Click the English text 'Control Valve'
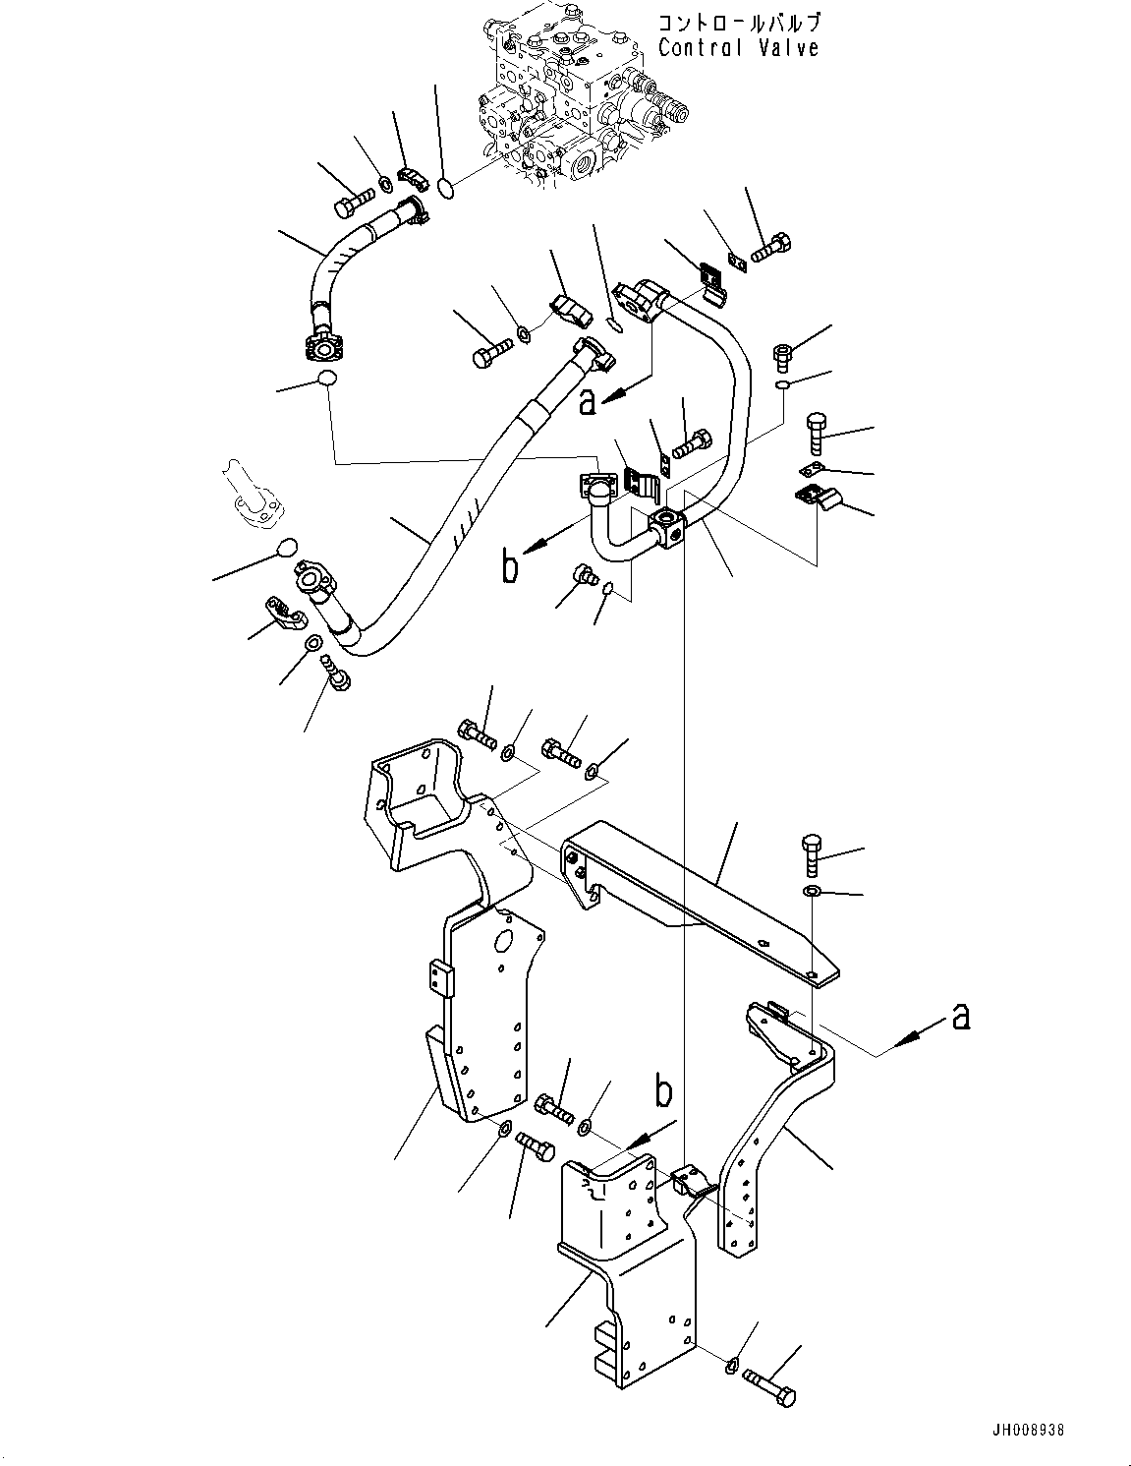tap(738, 48)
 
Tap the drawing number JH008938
tap(1023, 1430)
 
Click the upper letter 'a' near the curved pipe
tap(588, 402)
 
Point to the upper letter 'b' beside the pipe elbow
tap(509, 567)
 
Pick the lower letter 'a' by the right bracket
tap(960, 1017)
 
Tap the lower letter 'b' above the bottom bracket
tap(664, 1092)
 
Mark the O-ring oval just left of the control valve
tap(446, 186)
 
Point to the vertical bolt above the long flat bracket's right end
tap(814, 855)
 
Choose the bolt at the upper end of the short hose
tap(355, 205)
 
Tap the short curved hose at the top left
tap(339, 264)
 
